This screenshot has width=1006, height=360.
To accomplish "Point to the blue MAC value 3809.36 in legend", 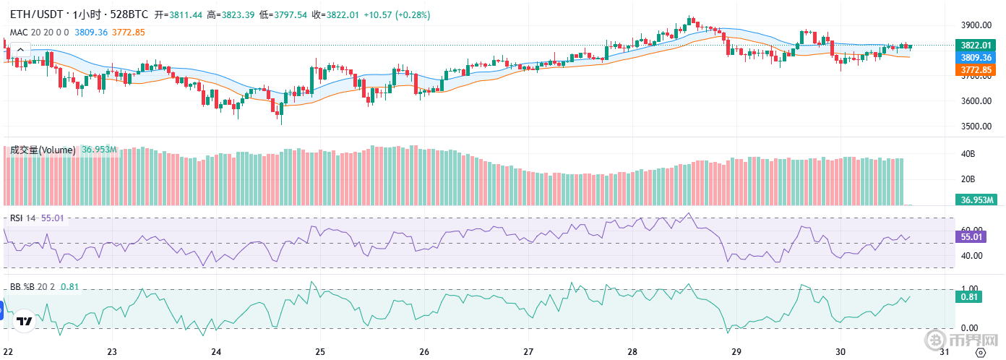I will [91, 32].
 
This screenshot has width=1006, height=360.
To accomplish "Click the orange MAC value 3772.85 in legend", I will [129, 32].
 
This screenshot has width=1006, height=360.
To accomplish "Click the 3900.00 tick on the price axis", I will [975, 25].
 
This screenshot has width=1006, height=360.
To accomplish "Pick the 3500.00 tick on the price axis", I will [975, 127].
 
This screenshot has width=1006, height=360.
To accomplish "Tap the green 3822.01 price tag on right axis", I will [975, 46].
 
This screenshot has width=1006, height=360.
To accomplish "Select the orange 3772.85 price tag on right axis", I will [975, 69].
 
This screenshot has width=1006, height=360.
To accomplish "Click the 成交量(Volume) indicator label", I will [43, 150].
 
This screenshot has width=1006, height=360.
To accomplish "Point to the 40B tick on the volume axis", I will [968, 154].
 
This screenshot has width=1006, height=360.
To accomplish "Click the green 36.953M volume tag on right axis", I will [975, 200].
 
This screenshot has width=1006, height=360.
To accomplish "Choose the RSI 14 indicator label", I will [22, 218].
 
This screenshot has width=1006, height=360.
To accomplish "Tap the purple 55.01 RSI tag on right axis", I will [970, 236].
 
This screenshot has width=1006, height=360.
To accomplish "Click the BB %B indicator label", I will [25, 287].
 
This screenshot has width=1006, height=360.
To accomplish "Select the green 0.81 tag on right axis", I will [969, 296].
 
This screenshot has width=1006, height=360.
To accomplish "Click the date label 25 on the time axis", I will [320, 352].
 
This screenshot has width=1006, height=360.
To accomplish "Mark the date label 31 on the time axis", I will [944, 352].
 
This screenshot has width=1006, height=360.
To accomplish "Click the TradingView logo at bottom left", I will [24, 321].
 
